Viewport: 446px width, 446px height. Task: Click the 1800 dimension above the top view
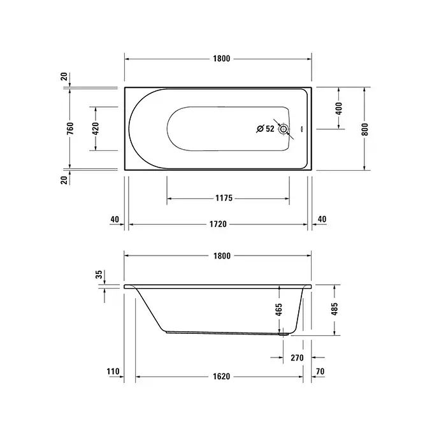pyautogui.click(x=221, y=59)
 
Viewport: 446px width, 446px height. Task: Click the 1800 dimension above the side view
pyautogui.click(x=222, y=256)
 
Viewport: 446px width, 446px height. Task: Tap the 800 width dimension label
pyautogui.click(x=365, y=129)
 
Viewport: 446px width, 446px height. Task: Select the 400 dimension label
pyautogui.click(x=339, y=108)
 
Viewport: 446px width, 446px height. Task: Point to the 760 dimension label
pyautogui.click(x=70, y=128)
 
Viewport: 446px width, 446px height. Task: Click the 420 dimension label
pyautogui.click(x=96, y=129)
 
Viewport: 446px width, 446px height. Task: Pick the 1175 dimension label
pyautogui.click(x=224, y=198)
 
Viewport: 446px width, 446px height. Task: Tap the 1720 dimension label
pyautogui.click(x=218, y=224)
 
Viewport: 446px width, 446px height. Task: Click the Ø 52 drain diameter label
pyautogui.click(x=265, y=129)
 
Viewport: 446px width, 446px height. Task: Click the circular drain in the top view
pyautogui.click(x=283, y=129)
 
